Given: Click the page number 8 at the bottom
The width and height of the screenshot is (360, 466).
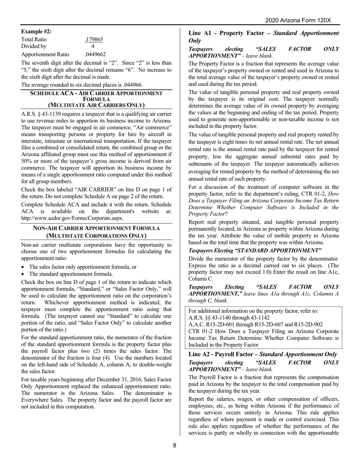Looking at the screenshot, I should pyautogui.click(x=175, y=446).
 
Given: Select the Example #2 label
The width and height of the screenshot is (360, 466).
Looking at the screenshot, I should pyautogui.click(x=36, y=31).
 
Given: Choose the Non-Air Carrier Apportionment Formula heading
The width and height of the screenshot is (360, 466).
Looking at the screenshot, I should pyautogui.click(x=96, y=232).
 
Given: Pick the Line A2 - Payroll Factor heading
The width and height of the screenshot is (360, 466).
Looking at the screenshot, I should pyautogui.click(x=263, y=354).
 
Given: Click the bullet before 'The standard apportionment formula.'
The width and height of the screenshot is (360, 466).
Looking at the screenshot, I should pyautogui.click(x=24, y=274).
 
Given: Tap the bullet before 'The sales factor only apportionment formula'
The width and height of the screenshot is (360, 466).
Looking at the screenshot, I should pyautogui.click(x=24, y=267).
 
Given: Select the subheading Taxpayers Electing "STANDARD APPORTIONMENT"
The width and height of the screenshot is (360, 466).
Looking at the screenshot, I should pyautogui.click(x=255, y=250).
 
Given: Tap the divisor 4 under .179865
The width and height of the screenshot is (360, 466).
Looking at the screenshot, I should pyautogui.click(x=93, y=47).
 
